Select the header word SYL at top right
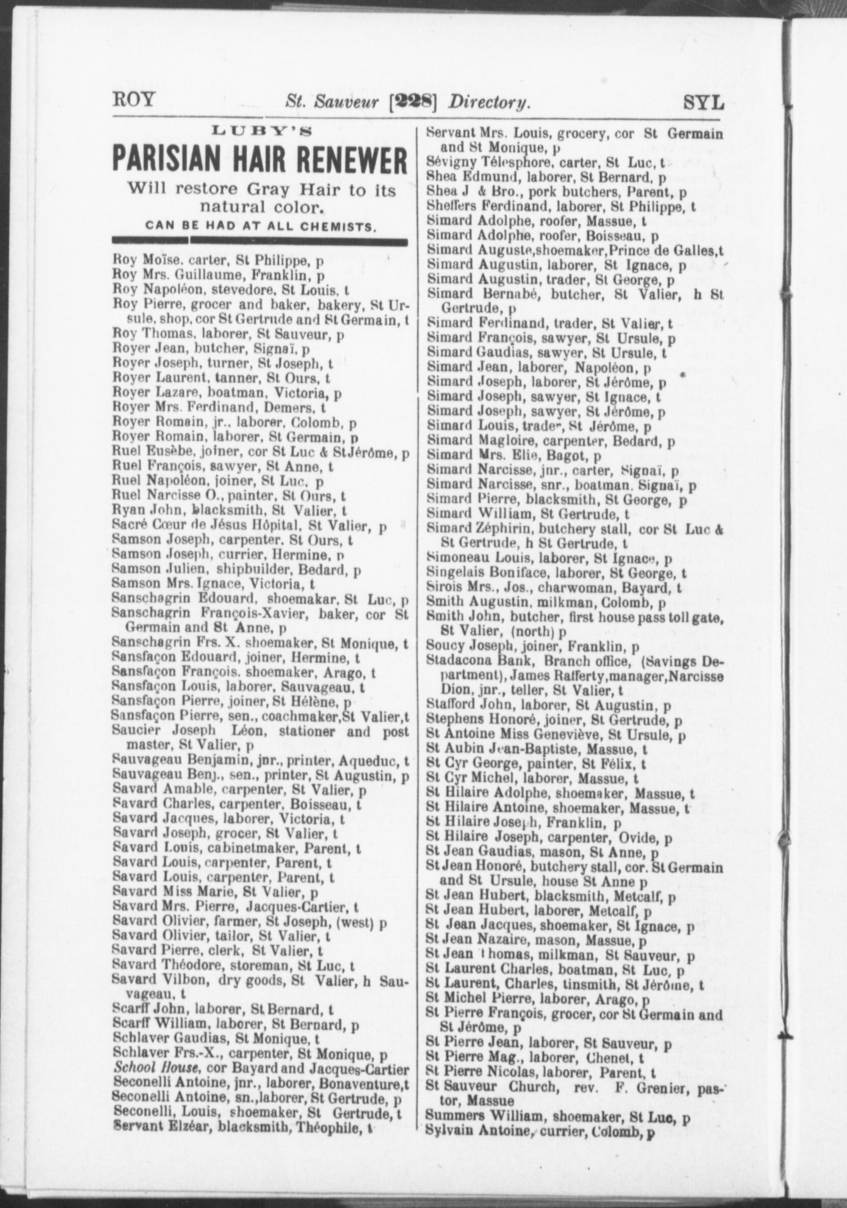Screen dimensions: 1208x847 (704, 102)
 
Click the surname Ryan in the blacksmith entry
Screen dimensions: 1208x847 (125, 510)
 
